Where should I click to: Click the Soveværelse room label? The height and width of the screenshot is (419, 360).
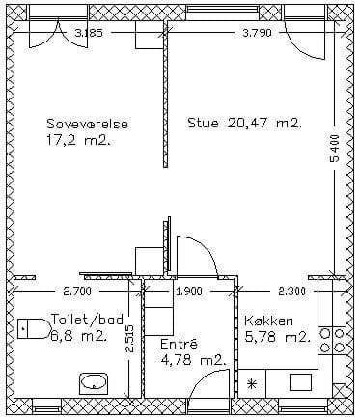point(88,124)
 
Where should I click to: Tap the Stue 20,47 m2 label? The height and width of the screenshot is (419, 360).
point(244,123)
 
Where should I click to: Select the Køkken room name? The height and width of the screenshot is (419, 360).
point(268,321)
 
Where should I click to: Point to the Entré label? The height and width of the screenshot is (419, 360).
point(180,344)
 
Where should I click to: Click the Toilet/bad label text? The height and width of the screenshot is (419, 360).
point(87,320)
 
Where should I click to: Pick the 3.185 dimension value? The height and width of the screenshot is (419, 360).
point(89,33)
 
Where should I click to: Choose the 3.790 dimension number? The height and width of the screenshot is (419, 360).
point(258,33)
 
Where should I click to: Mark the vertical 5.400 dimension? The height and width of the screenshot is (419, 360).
point(335,149)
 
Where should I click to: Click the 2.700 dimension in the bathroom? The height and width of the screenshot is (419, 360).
point(77,292)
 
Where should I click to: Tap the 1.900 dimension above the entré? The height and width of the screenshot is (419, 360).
point(190,292)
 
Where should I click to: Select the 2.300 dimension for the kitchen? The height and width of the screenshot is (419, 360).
point(291,292)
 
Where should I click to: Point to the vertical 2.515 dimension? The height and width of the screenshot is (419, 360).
point(130,339)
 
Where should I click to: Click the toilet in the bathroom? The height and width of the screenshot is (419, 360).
point(33,328)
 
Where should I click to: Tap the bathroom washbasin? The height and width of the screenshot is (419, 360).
point(94,383)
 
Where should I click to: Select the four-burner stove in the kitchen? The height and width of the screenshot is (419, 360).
point(332,340)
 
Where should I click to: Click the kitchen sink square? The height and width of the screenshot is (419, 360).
point(301,382)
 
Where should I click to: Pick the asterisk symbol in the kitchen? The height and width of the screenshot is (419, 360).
point(251,383)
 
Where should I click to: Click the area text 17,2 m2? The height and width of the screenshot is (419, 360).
point(78,141)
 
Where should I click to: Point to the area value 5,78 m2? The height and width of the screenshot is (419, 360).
point(277,337)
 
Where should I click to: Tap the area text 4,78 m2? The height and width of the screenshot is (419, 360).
point(192,360)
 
